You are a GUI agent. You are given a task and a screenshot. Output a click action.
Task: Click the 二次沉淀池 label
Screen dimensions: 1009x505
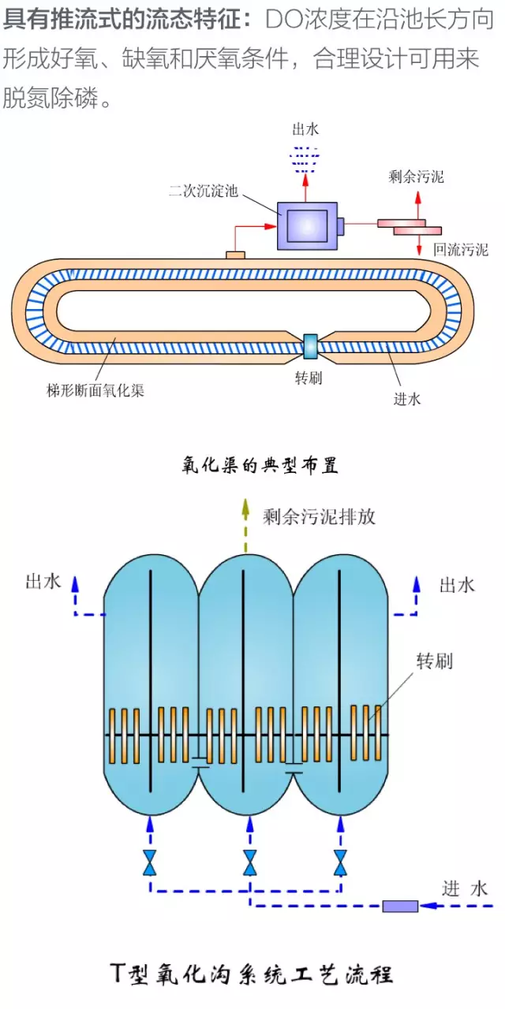[203, 192]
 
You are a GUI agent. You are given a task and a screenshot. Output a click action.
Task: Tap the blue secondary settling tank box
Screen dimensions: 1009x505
[306, 225]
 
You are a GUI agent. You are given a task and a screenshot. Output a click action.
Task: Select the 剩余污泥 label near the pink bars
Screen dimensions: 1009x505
[416, 177]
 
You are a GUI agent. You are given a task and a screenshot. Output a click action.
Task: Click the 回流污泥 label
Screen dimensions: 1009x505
[461, 250]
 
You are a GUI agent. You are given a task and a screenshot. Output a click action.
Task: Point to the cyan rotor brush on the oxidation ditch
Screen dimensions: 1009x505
[311, 344]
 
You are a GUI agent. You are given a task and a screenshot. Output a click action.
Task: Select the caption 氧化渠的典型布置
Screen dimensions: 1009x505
[260, 466]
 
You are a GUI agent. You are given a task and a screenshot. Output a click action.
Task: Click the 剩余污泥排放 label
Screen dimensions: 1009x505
[319, 516]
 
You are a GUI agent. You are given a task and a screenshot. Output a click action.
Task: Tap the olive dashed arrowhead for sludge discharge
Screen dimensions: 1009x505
[245, 505]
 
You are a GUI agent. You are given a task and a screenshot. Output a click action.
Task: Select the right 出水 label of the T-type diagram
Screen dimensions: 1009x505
[457, 584]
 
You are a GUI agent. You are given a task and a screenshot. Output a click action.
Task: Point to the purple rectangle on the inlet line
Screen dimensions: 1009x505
[400, 906]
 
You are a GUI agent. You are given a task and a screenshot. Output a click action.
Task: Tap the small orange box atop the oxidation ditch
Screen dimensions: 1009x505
[236, 255]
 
